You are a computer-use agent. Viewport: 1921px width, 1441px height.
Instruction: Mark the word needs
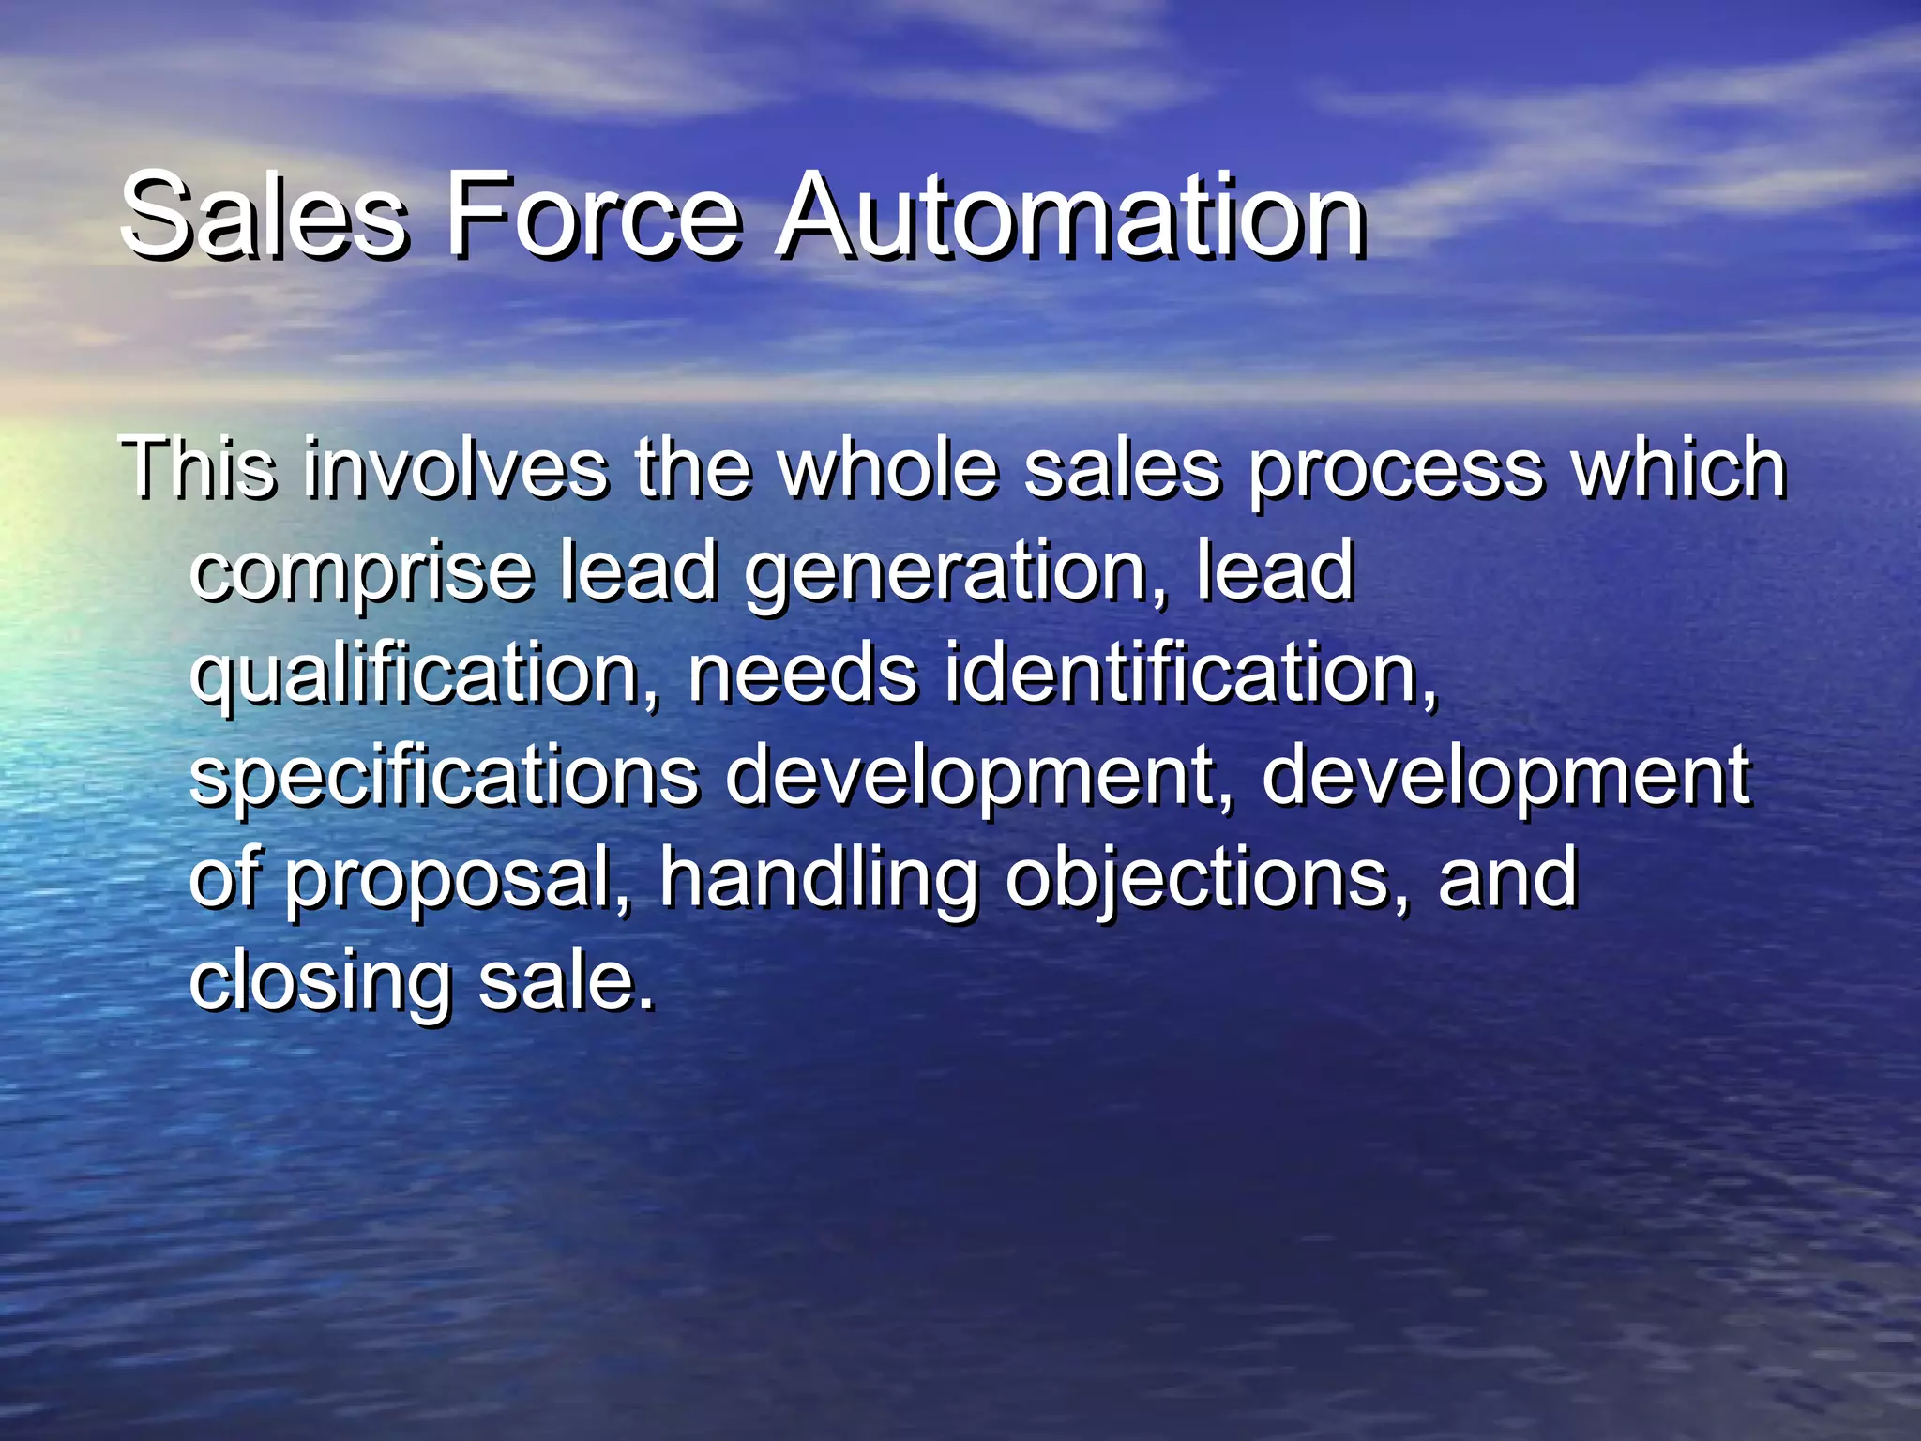[803, 674]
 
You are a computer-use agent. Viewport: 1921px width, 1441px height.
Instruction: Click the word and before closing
[1508, 879]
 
